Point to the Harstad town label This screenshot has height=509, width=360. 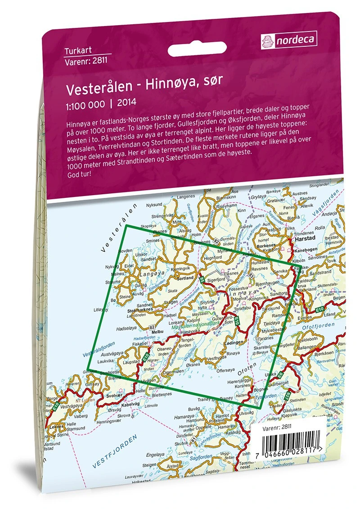point(308,240)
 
